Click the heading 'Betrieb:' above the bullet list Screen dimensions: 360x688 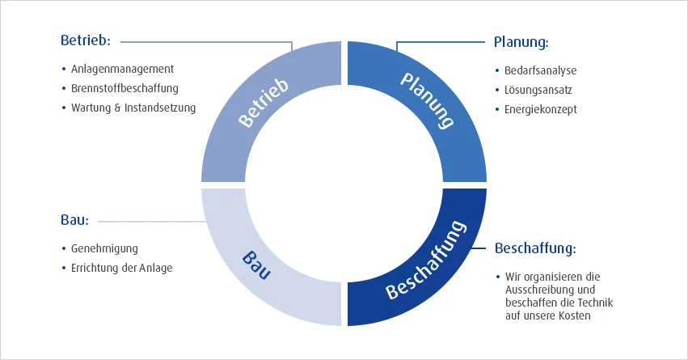pyautogui.click(x=85, y=40)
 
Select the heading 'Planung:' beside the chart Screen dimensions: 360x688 pyautogui.click(x=521, y=41)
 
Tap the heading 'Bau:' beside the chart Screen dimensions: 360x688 pyautogui.click(x=74, y=220)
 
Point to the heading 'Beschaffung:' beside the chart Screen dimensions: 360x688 pyautogui.click(x=534, y=248)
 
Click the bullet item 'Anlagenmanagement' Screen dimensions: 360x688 pyautogui.click(x=122, y=70)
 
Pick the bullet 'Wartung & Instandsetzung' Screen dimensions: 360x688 pyautogui.click(x=133, y=108)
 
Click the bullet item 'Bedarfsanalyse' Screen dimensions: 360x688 pyautogui.click(x=542, y=70)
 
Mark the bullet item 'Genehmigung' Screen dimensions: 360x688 pyautogui.click(x=105, y=248)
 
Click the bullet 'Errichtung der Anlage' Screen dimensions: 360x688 pyautogui.click(x=122, y=268)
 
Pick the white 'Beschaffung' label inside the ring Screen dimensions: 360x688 pyautogui.click(x=425, y=260)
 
